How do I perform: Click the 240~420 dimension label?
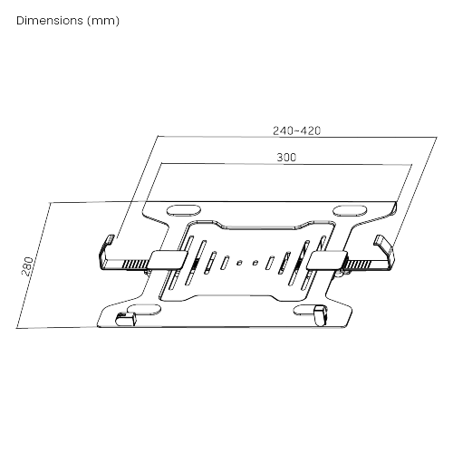[296, 130]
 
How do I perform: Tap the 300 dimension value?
[286, 158]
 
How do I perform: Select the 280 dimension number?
[27, 266]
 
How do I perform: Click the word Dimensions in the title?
[50, 21]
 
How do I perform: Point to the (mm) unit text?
[103, 21]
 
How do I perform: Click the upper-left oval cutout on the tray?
[184, 210]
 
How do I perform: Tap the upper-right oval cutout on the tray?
[350, 210]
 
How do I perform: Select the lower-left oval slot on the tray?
[144, 310]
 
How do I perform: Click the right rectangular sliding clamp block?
[327, 260]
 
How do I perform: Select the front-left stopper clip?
[126, 320]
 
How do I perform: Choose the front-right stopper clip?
[321, 315]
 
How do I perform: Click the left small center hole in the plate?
[239, 263]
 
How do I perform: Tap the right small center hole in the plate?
[255, 263]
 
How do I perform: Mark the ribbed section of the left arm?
[135, 265]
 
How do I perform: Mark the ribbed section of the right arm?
[358, 265]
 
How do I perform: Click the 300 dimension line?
[286, 165]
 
